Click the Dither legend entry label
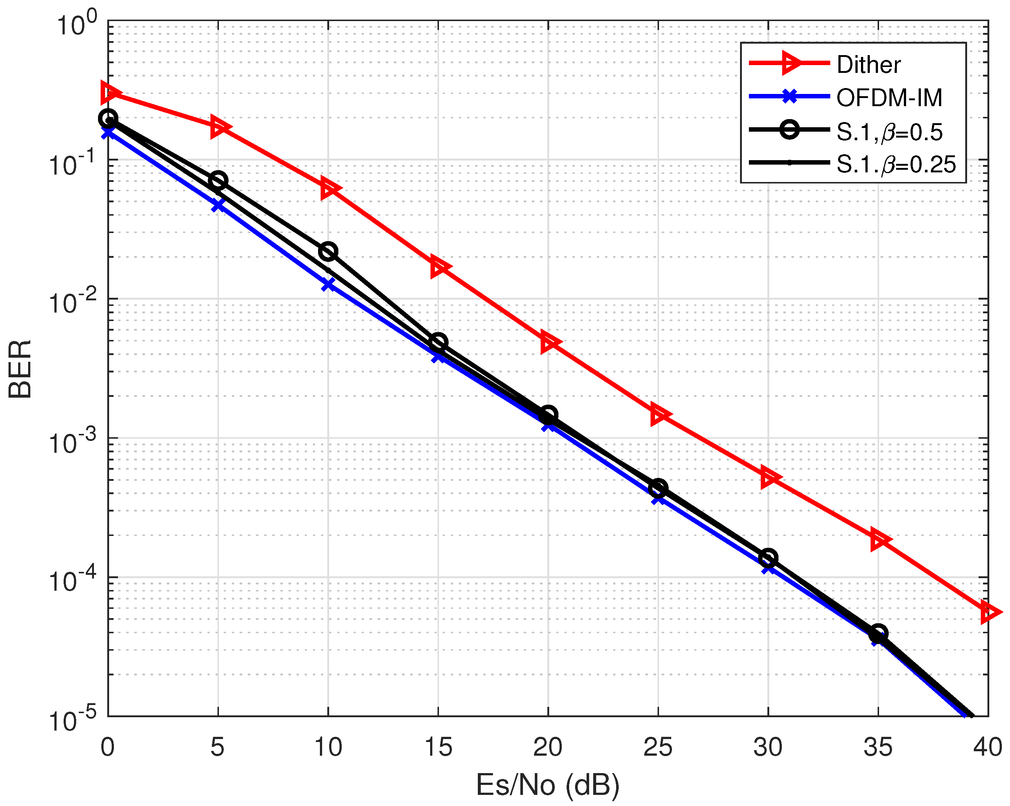tap(868, 65)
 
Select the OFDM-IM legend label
tap(889, 98)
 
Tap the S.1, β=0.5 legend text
tap(889, 132)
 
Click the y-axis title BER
tap(20, 369)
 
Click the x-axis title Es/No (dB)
tap(547, 785)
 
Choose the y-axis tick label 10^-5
tap(72, 720)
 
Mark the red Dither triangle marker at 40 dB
tap(989, 613)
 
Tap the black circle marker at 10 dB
tap(328, 252)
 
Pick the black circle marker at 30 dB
tap(768, 558)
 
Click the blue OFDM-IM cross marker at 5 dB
tap(218, 205)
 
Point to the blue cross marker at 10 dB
tap(328, 284)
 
